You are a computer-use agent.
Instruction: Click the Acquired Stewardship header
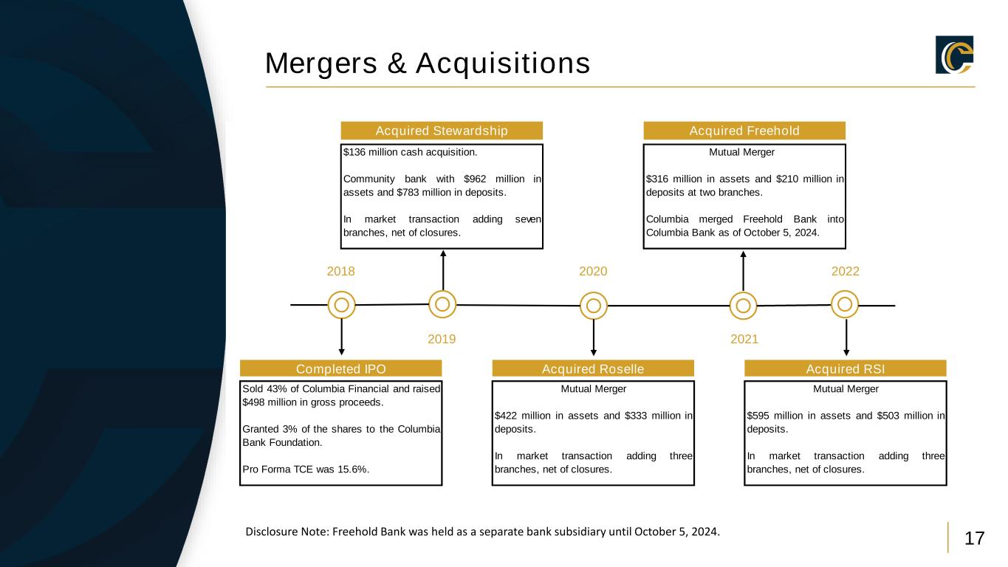(442, 131)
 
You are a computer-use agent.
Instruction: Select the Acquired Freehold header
(744, 131)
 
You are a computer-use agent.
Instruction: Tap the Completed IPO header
(341, 368)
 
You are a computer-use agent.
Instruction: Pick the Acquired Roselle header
(593, 368)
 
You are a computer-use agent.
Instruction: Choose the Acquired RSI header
(846, 368)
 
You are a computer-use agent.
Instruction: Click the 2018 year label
(341, 271)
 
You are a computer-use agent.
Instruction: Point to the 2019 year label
(442, 340)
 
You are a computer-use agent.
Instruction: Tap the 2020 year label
(593, 271)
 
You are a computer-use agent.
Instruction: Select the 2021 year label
(744, 340)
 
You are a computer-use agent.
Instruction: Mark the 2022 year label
(846, 271)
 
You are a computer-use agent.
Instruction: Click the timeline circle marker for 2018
(341, 304)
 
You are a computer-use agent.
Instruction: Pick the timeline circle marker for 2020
(593, 304)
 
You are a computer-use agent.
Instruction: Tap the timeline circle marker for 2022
(846, 303)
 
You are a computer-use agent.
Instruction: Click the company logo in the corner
(954, 55)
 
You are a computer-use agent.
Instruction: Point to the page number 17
(975, 538)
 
